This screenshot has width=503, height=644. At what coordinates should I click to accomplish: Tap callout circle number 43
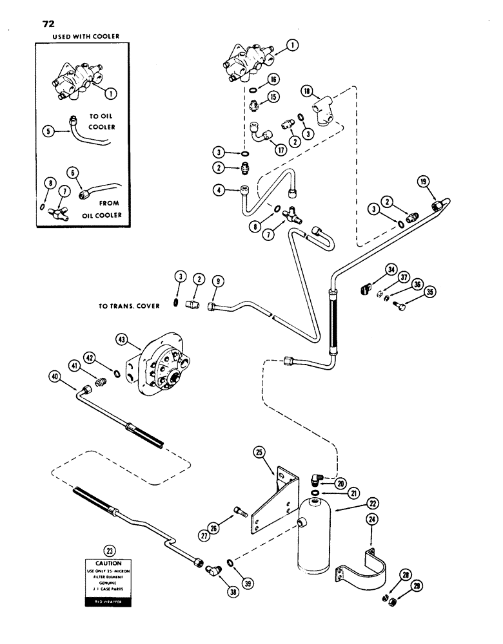[x=121, y=339]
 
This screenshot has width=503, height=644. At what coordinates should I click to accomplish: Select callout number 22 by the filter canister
[x=355, y=503]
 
